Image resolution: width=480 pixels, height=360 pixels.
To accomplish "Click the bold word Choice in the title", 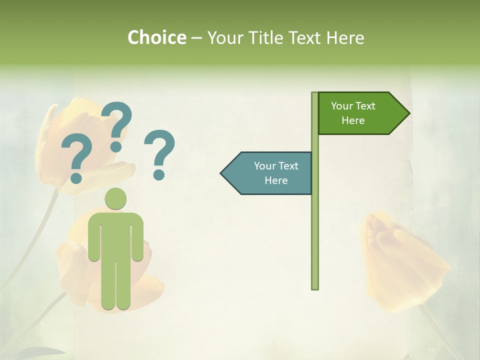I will tap(156, 37).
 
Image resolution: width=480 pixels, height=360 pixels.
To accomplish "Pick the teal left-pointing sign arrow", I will tap(267, 173).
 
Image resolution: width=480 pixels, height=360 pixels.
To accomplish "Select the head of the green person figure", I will tap(115, 198).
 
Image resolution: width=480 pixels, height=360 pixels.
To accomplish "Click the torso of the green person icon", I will tap(115, 235).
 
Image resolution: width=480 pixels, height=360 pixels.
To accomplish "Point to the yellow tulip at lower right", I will tap(400, 260).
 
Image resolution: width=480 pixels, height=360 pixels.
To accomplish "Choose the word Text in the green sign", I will tap(366, 106).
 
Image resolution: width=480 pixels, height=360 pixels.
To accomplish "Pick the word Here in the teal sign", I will tap(276, 180).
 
